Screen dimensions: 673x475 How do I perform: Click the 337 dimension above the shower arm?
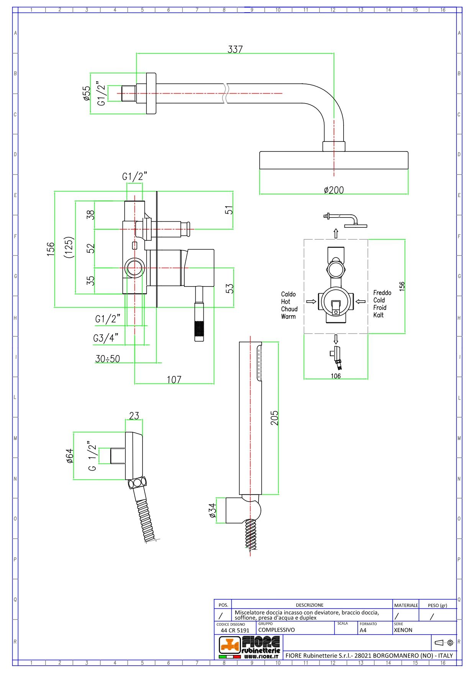click(x=235, y=49)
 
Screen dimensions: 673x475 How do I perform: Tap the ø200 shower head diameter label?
click(x=334, y=190)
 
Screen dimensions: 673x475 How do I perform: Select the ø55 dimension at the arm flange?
click(x=87, y=93)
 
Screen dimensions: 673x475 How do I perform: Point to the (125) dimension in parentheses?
click(x=69, y=247)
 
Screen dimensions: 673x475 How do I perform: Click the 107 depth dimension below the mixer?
click(x=174, y=380)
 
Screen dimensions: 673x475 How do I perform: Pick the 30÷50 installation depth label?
click(x=108, y=359)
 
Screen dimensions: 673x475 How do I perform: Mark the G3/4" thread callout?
click(x=106, y=338)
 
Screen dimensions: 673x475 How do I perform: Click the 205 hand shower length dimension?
click(x=275, y=418)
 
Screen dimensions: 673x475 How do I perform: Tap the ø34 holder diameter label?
click(x=212, y=511)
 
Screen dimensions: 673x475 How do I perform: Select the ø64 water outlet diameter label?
click(x=69, y=456)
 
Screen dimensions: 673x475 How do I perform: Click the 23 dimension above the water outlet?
click(x=134, y=416)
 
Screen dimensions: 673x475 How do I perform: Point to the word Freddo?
click(x=382, y=293)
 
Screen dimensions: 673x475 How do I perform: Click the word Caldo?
click(x=288, y=294)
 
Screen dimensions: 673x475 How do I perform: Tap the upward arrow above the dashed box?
click(x=336, y=233)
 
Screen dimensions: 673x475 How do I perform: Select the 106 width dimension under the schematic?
click(x=336, y=376)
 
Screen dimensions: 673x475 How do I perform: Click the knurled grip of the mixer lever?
click(x=199, y=331)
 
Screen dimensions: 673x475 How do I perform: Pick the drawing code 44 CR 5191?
click(x=235, y=630)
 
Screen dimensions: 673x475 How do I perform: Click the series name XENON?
click(x=403, y=630)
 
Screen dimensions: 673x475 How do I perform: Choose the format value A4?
click(x=363, y=630)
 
